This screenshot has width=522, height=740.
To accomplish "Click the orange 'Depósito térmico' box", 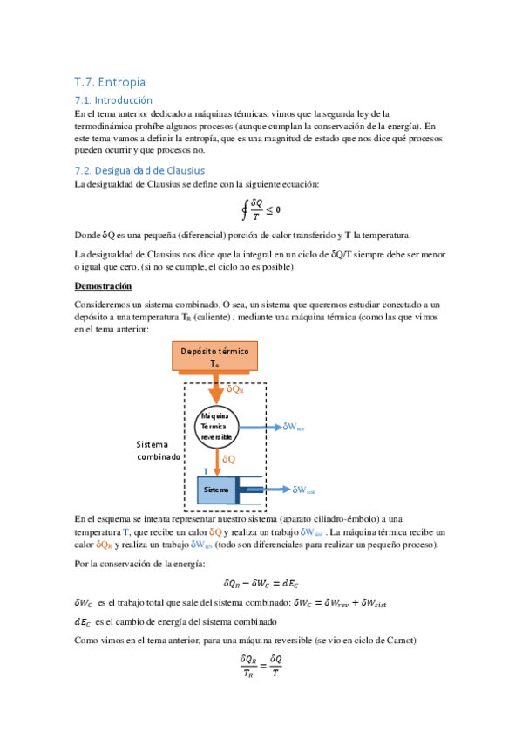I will [214, 357].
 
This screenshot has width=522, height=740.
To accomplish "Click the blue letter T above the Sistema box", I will [206, 470].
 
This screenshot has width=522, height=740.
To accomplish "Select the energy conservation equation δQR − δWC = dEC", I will [261, 583].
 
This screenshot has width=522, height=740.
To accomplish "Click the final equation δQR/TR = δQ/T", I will [261, 665].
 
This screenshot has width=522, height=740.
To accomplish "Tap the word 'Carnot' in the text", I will [399, 641].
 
